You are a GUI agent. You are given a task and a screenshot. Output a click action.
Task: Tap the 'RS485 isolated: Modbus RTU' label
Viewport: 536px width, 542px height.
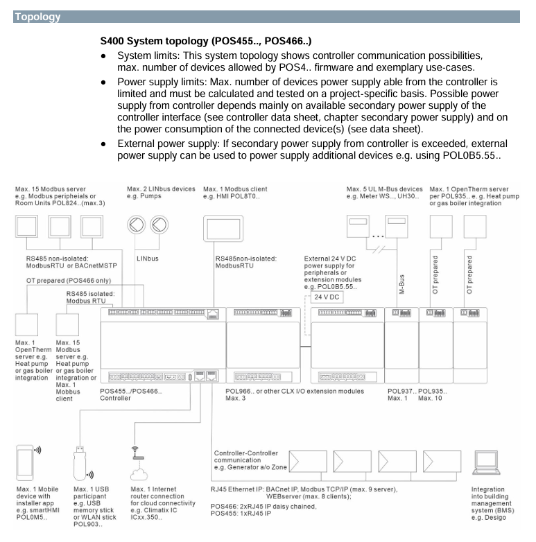click(90, 297)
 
